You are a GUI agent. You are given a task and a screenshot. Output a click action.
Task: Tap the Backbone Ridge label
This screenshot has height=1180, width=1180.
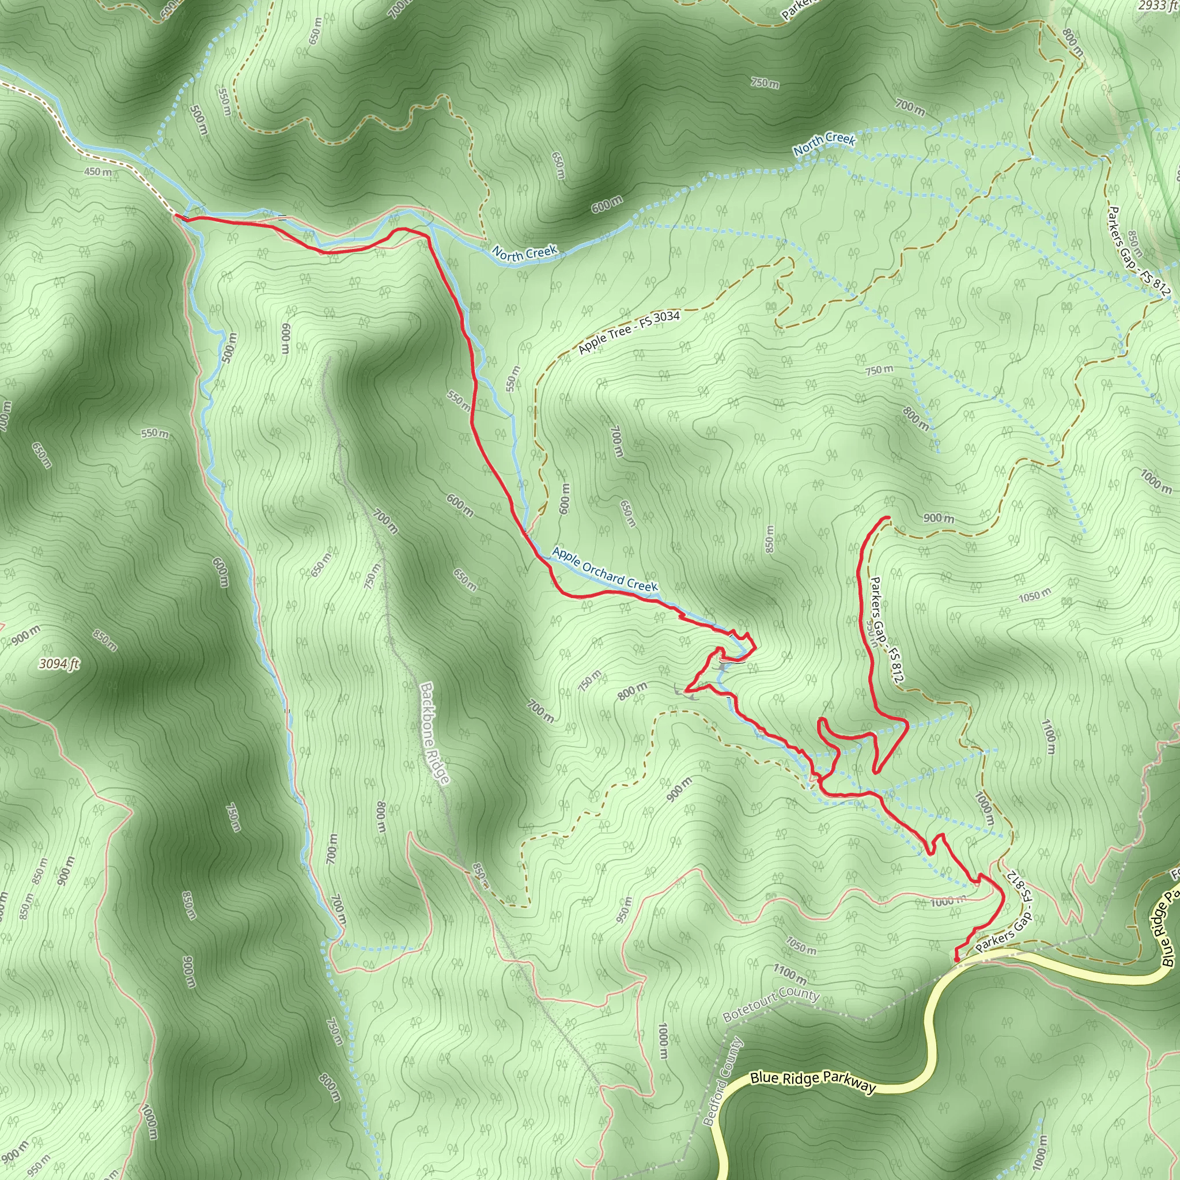coord(435,732)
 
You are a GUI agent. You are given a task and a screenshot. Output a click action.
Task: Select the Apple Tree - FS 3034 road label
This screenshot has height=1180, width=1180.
coord(629,332)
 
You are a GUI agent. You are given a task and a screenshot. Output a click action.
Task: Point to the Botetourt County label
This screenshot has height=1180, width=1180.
coord(770,1005)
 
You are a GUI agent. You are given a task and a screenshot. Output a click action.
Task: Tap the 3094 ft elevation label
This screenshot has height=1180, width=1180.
coord(59,663)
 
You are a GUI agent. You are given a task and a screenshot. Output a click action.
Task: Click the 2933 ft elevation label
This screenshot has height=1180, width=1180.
coord(1158,6)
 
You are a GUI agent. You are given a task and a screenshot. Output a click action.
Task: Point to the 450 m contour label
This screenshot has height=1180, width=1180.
coord(98,172)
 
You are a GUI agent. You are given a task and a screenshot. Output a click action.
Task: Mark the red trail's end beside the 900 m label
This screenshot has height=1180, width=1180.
coord(887,518)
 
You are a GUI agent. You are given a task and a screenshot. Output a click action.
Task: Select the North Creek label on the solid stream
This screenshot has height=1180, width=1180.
coord(524,253)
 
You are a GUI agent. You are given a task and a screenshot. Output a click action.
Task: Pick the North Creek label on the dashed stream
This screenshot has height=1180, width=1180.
coord(824,143)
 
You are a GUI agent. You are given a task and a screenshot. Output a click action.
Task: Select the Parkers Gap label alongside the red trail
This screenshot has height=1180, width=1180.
coord(886,629)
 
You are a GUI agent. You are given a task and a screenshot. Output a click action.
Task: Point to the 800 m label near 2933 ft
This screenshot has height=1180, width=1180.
coord(1073,43)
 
